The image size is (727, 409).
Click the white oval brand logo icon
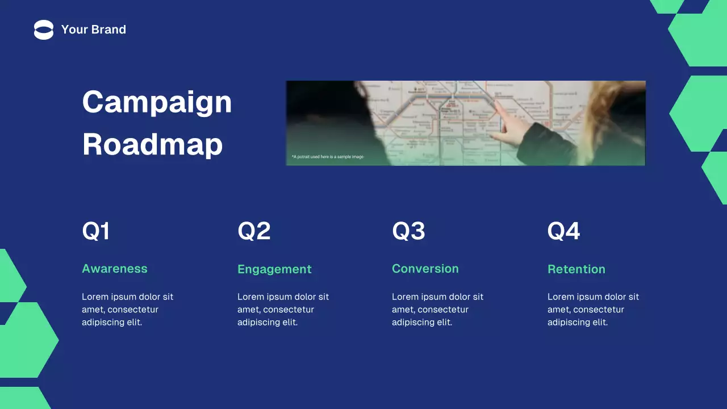44,30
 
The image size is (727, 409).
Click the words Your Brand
94,30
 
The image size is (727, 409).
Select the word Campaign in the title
157,102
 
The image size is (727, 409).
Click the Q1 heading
96,231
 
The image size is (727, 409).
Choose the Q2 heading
254,231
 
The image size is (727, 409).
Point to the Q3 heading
408,231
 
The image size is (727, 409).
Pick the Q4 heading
563,231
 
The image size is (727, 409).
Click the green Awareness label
115,269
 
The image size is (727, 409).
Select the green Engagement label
274,269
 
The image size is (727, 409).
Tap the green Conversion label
425,269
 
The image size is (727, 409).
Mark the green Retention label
576,269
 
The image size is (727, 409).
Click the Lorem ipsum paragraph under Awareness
127,310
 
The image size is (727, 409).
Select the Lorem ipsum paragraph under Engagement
283,310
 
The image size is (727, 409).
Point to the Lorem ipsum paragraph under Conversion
437,310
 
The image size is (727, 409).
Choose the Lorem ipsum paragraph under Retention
593,310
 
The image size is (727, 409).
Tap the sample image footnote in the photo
328,157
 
